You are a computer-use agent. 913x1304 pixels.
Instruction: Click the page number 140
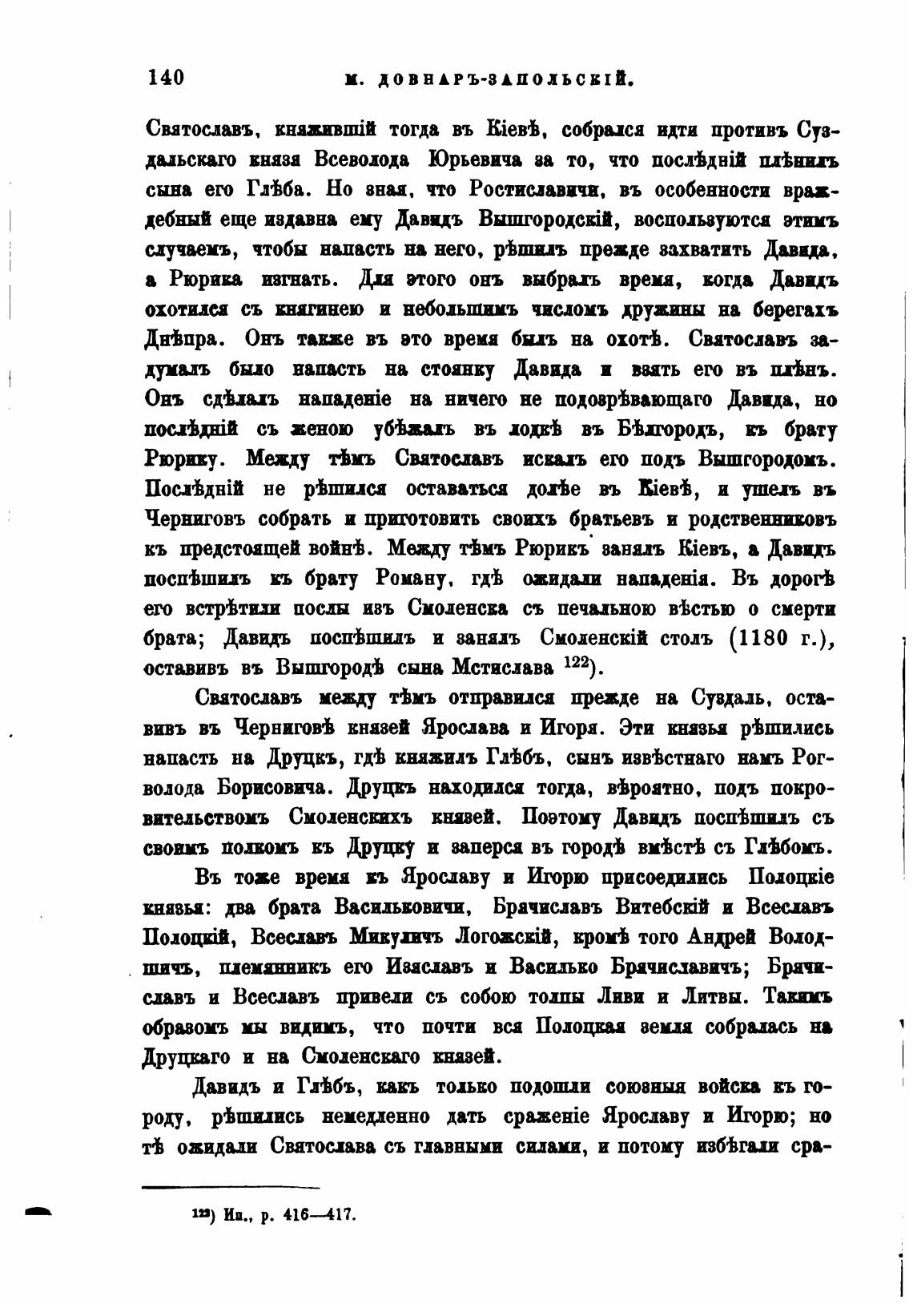pyautogui.click(x=166, y=77)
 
